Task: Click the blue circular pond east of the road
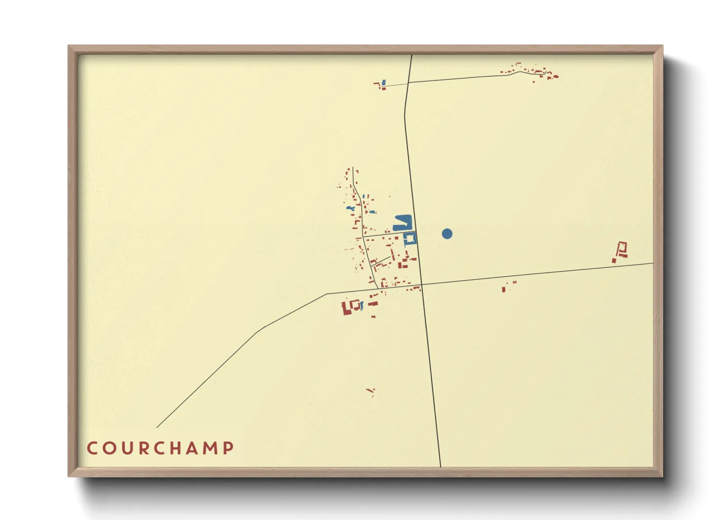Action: tap(447, 233)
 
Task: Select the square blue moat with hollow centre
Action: tap(410, 239)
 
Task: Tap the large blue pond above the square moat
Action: tap(402, 223)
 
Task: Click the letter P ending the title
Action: tap(228, 448)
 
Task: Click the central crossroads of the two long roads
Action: tap(421, 285)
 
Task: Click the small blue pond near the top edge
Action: tap(384, 83)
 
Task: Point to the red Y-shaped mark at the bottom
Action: tap(371, 392)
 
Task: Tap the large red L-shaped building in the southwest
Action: tap(347, 308)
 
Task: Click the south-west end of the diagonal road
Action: tap(157, 427)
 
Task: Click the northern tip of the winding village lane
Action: tap(353, 167)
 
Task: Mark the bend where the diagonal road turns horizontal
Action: tap(326, 294)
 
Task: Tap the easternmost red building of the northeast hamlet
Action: tap(556, 76)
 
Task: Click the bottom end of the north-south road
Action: tap(441, 466)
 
